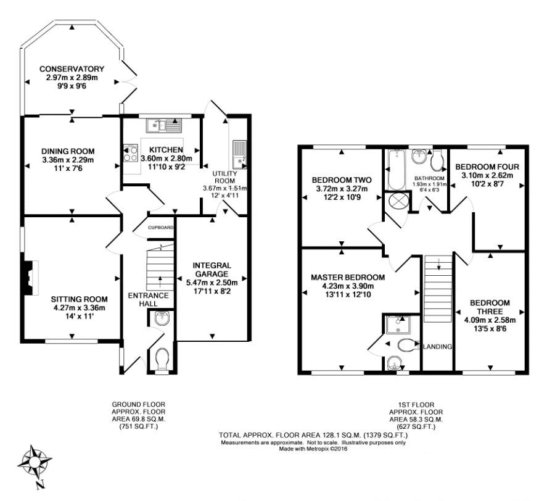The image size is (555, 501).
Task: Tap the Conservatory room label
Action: coord(72,68)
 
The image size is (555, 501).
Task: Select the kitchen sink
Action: coord(163,125)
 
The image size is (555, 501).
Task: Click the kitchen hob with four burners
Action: coord(130,153)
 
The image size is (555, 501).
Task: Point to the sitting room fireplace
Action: coord(30,278)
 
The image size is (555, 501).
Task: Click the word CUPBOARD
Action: coord(161,227)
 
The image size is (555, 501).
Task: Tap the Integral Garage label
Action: coord(212,270)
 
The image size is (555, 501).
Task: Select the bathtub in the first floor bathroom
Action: coord(397,170)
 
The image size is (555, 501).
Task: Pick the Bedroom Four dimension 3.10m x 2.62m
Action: coord(487,175)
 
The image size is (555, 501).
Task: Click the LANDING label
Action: coord(438,347)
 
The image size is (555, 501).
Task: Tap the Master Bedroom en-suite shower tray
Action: coord(398,325)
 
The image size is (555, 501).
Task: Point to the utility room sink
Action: coord(240,154)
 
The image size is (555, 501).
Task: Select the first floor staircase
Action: coord(438,289)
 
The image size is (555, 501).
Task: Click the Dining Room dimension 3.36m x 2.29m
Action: coord(68,160)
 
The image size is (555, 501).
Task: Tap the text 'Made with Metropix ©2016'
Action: coord(314,449)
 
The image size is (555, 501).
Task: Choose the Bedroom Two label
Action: coord(342,180)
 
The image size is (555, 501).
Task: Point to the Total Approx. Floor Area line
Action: coord(313,435)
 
